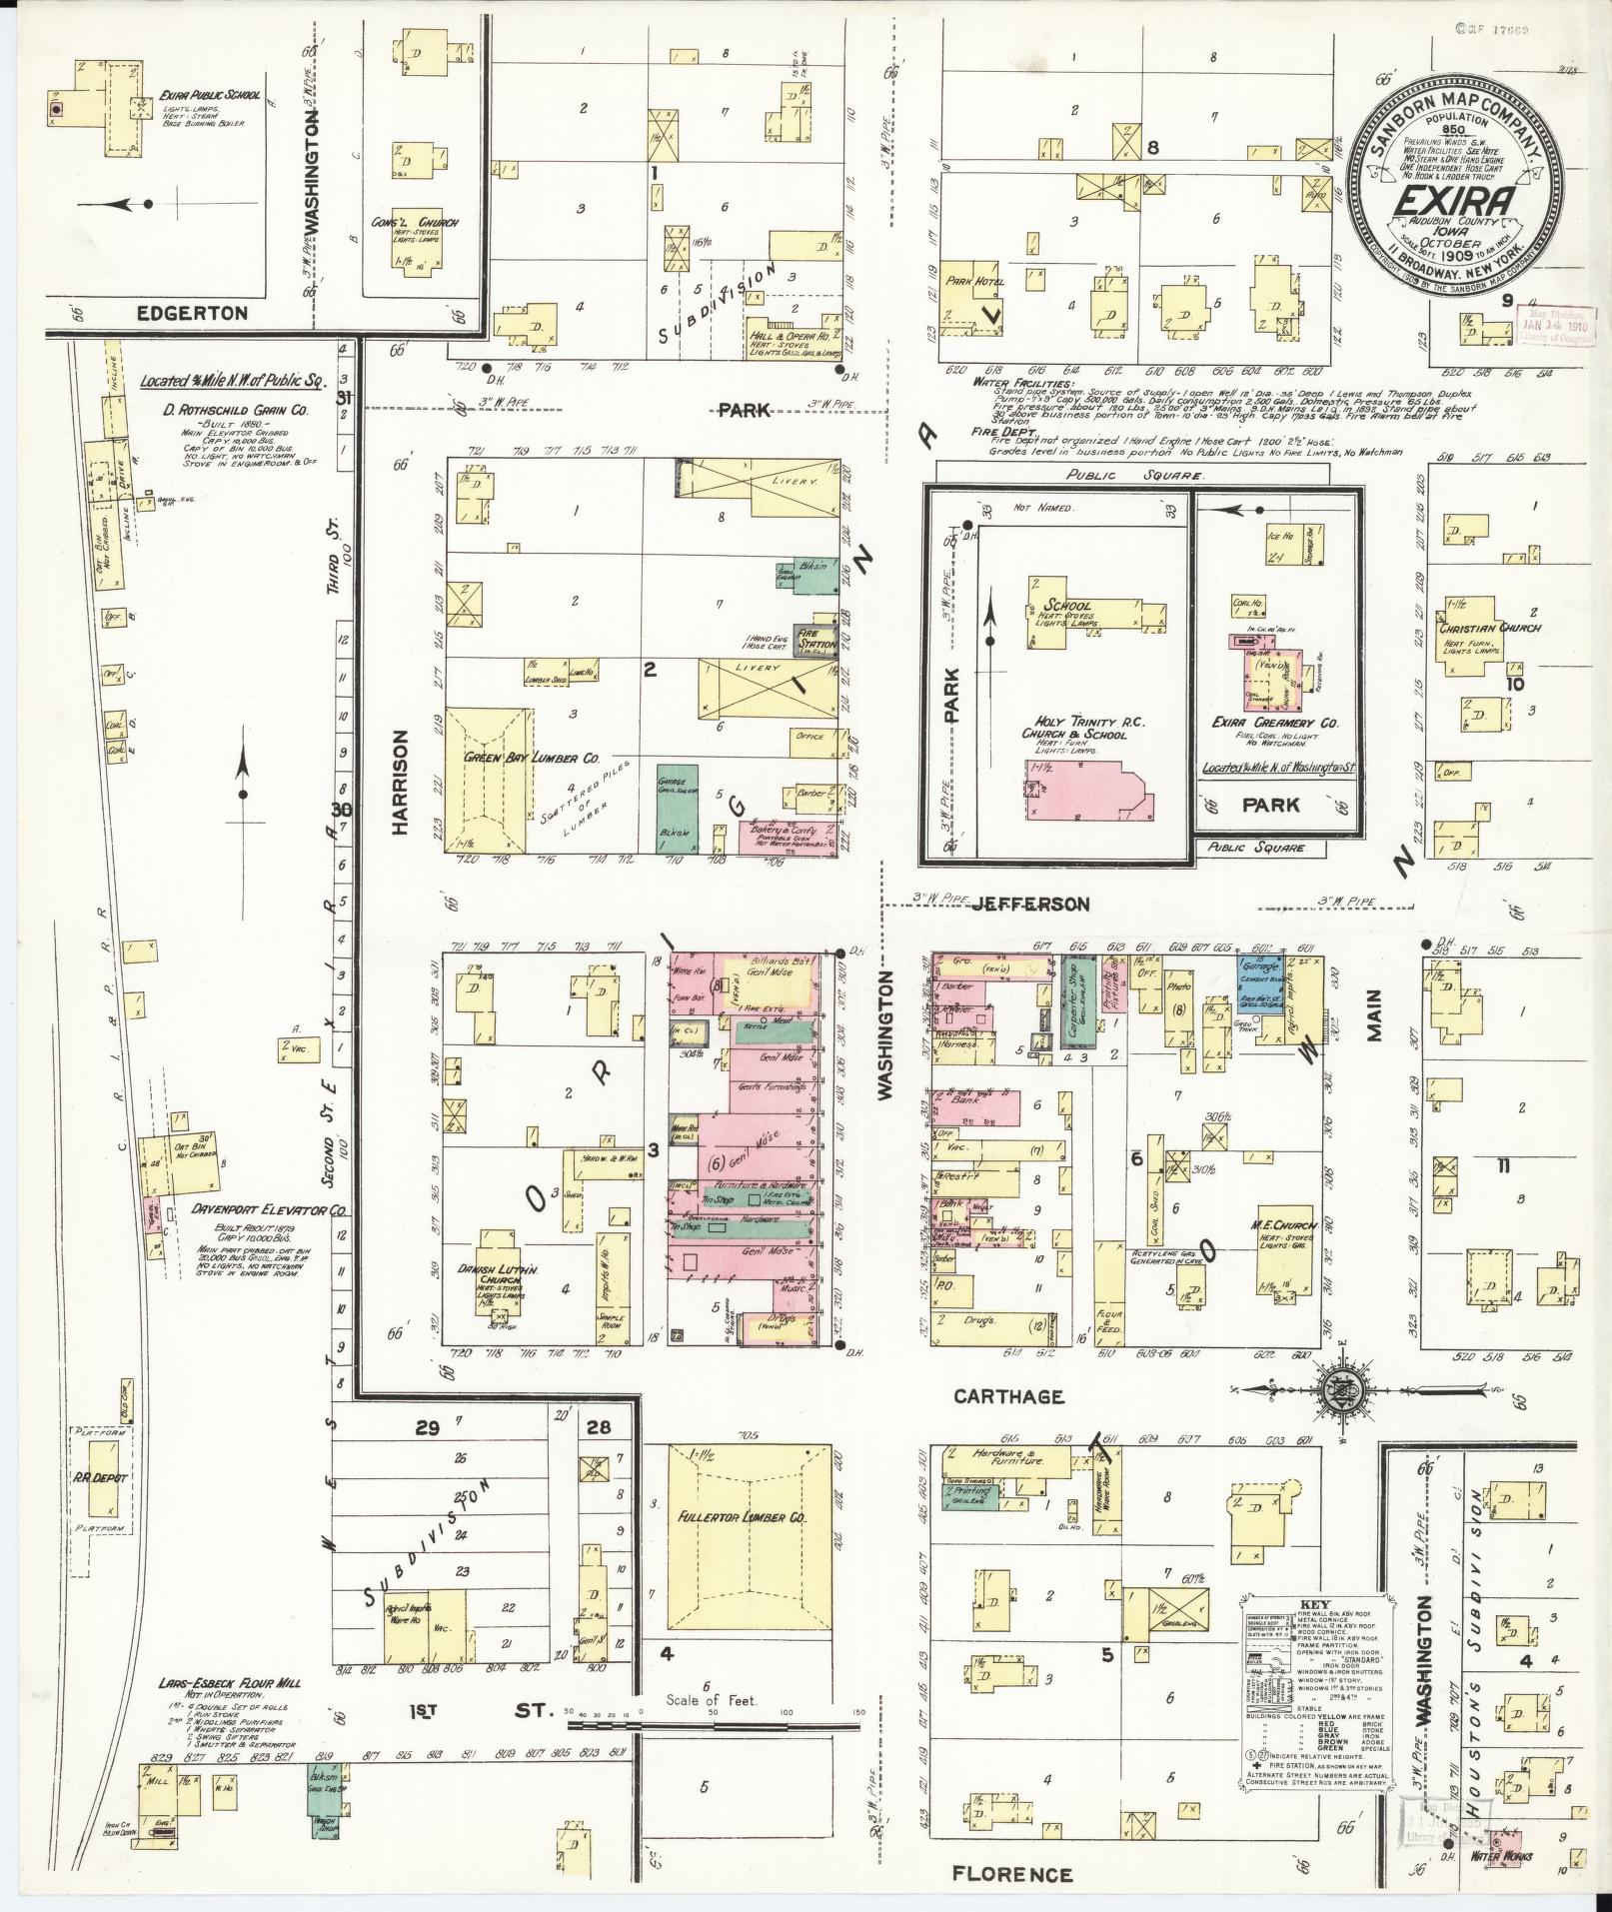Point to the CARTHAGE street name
click(x=1008, y=1396)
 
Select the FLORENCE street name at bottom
click(x=1011, y=1874)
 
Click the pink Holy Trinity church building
click(x=1088, y=805)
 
